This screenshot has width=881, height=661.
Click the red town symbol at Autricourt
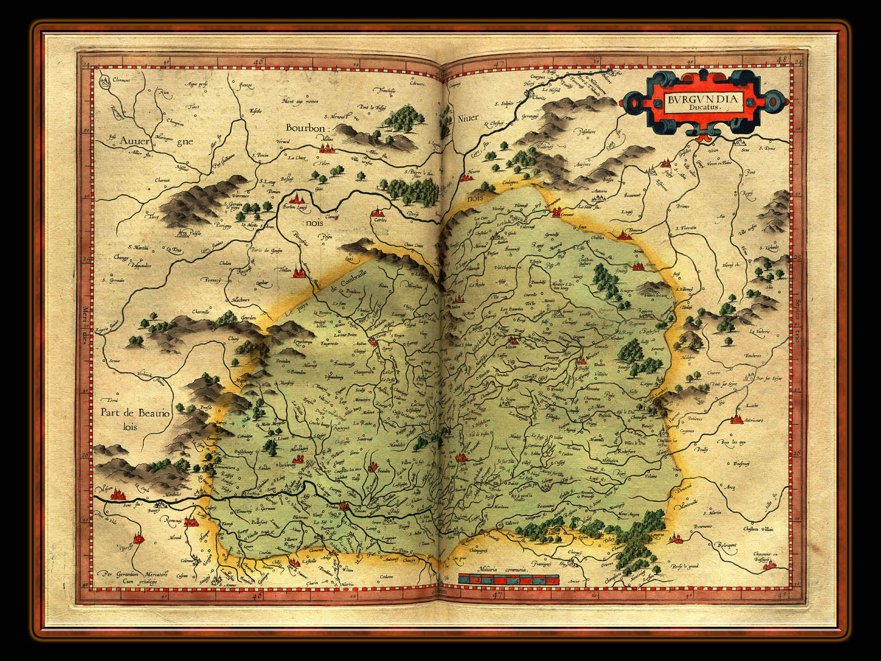736,420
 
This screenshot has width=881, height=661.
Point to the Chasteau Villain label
760,529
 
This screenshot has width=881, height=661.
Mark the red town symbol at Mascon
116,495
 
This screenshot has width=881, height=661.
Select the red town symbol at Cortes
377,212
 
